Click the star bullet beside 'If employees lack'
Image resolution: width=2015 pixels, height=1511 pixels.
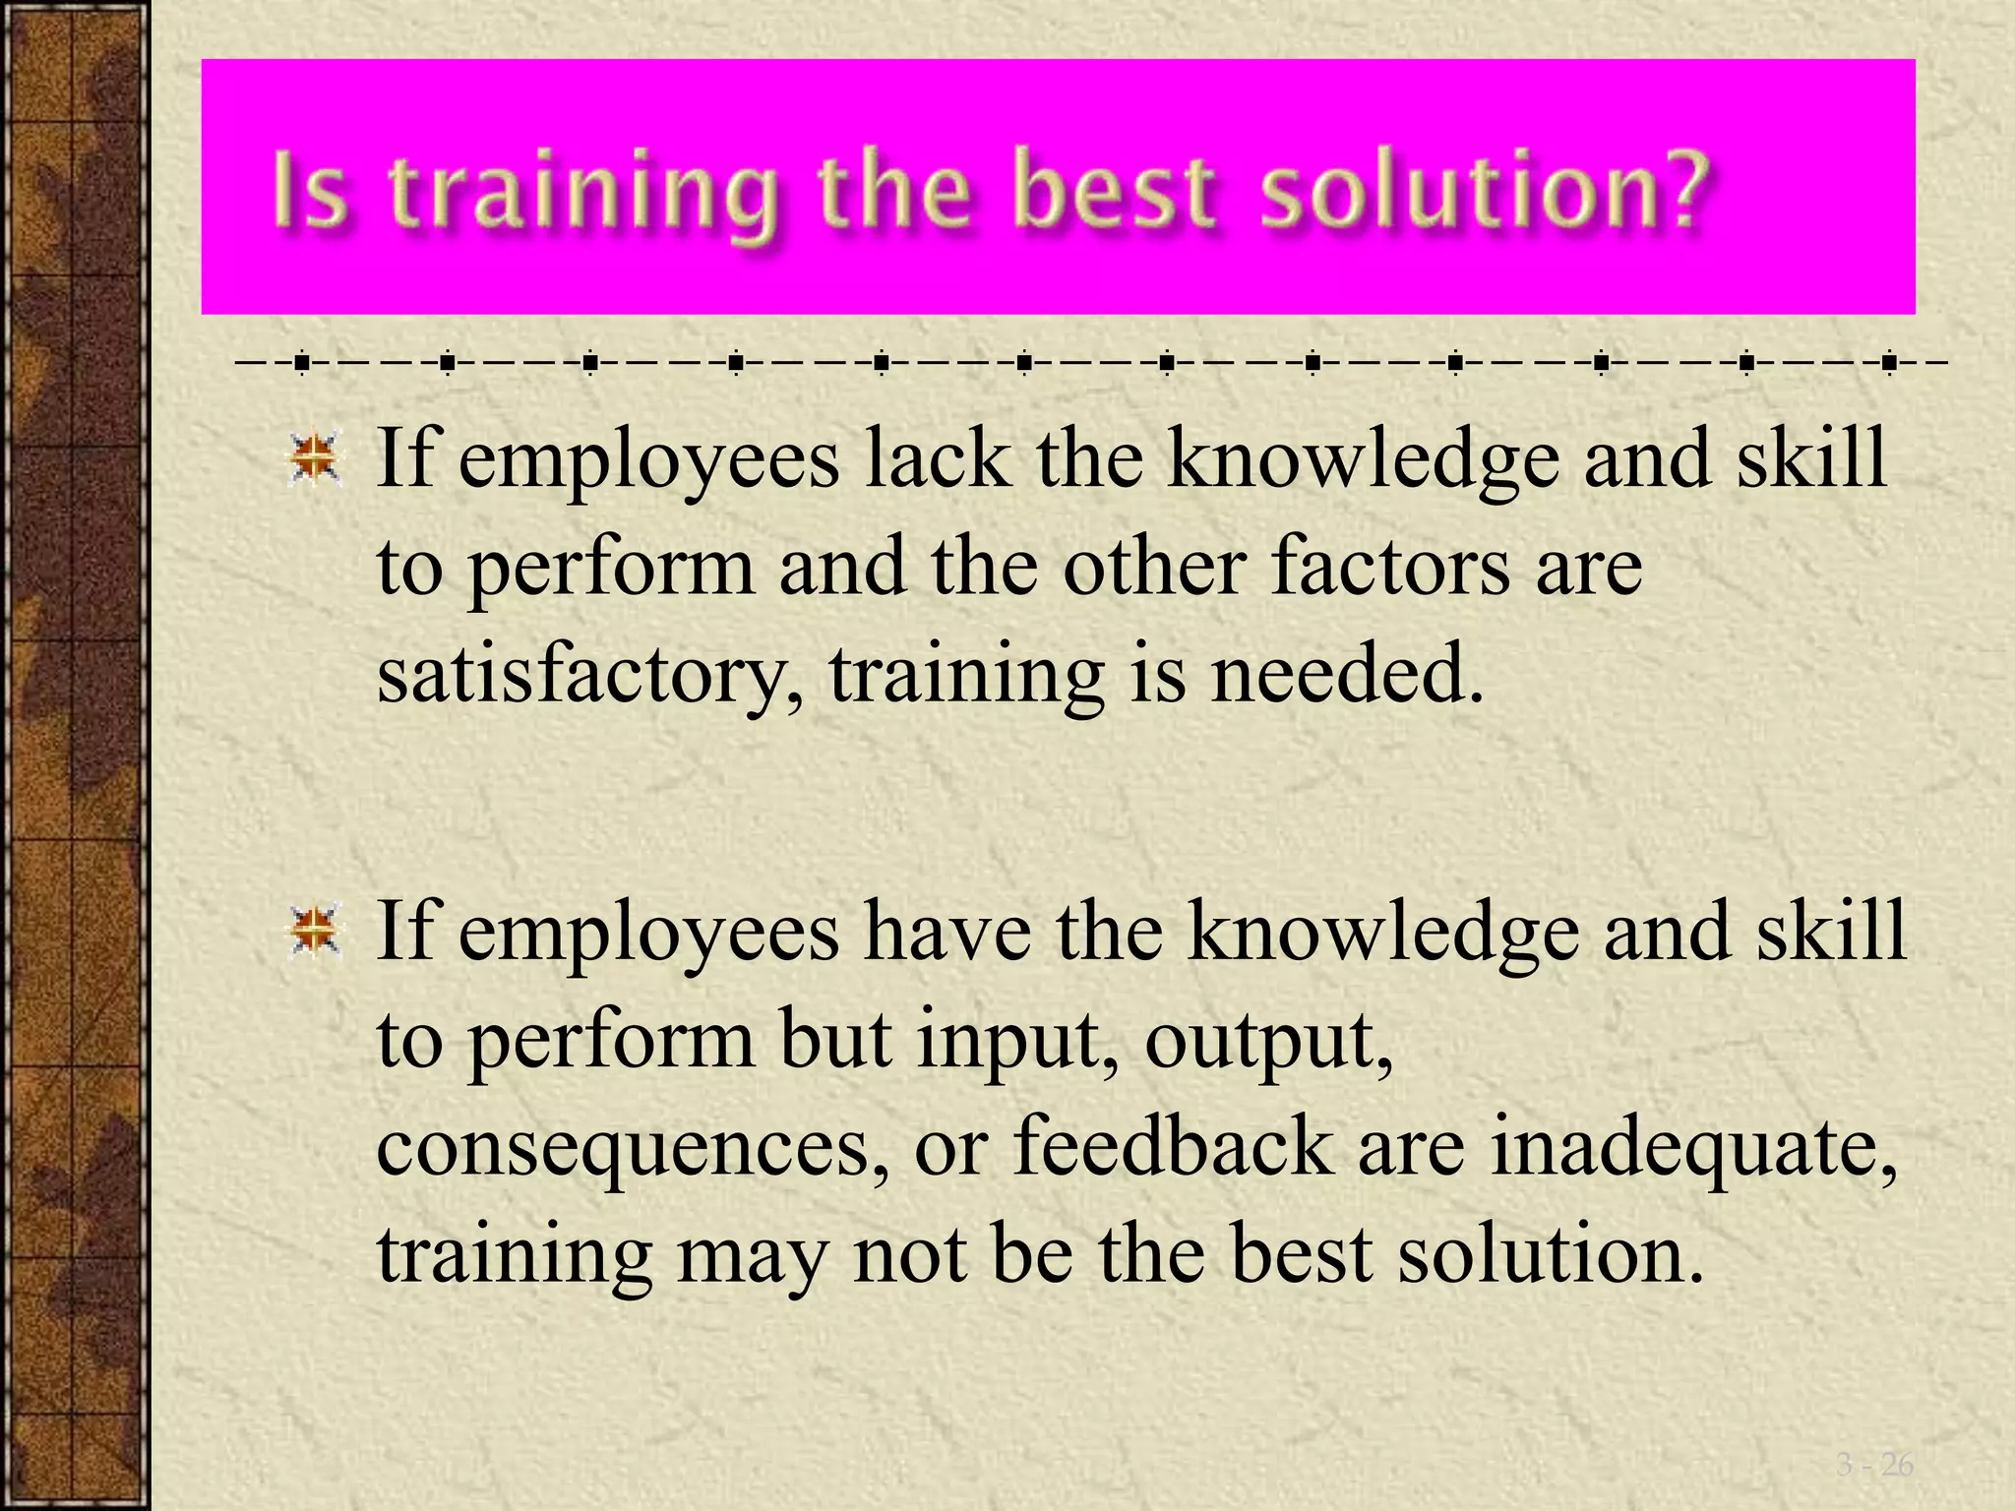(315, 459)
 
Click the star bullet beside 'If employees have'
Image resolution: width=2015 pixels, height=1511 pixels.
(315, 932)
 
